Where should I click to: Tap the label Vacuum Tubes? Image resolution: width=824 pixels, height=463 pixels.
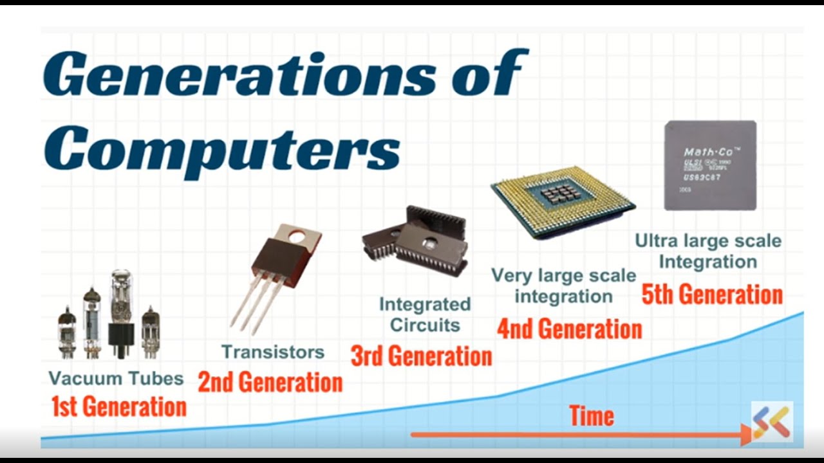click(116, 378)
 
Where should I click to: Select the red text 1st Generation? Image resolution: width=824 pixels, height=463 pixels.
click(119, 406)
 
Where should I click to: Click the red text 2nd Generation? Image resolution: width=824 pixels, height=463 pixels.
click(270, 382)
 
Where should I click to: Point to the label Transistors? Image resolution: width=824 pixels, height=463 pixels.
click(273, 352)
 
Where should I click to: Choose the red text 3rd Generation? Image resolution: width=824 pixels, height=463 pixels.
click(421, 355)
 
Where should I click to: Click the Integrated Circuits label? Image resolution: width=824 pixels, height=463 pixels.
click(424, 314)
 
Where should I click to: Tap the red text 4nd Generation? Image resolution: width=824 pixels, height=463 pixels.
click(569, 329)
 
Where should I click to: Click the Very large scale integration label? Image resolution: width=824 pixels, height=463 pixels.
click(564, 286)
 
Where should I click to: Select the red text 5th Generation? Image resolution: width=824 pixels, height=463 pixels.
click(712, 295)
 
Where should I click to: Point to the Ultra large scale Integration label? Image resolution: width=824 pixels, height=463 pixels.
click(708, 251)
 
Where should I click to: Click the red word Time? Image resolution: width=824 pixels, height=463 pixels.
click(592, 416)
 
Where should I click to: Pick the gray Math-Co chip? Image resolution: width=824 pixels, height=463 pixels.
click(710, 165)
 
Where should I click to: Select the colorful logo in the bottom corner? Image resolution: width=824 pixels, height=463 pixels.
click(772, 422)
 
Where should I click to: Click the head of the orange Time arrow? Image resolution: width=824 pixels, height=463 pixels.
click(747, 435)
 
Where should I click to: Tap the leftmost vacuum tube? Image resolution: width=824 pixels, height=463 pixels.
click(67, 331)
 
